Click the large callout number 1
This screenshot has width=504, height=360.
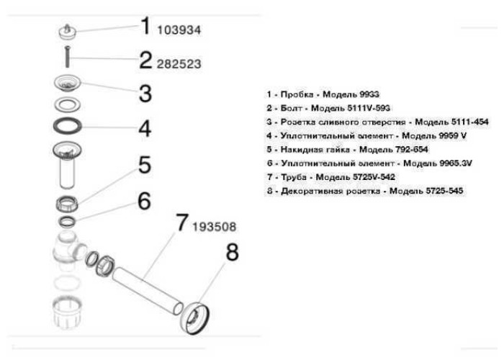[145, 27]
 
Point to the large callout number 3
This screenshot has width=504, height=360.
[145, 93]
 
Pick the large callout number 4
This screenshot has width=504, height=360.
[145, 130]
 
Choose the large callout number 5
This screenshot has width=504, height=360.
[145, 165]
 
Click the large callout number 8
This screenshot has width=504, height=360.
[232, 253]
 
